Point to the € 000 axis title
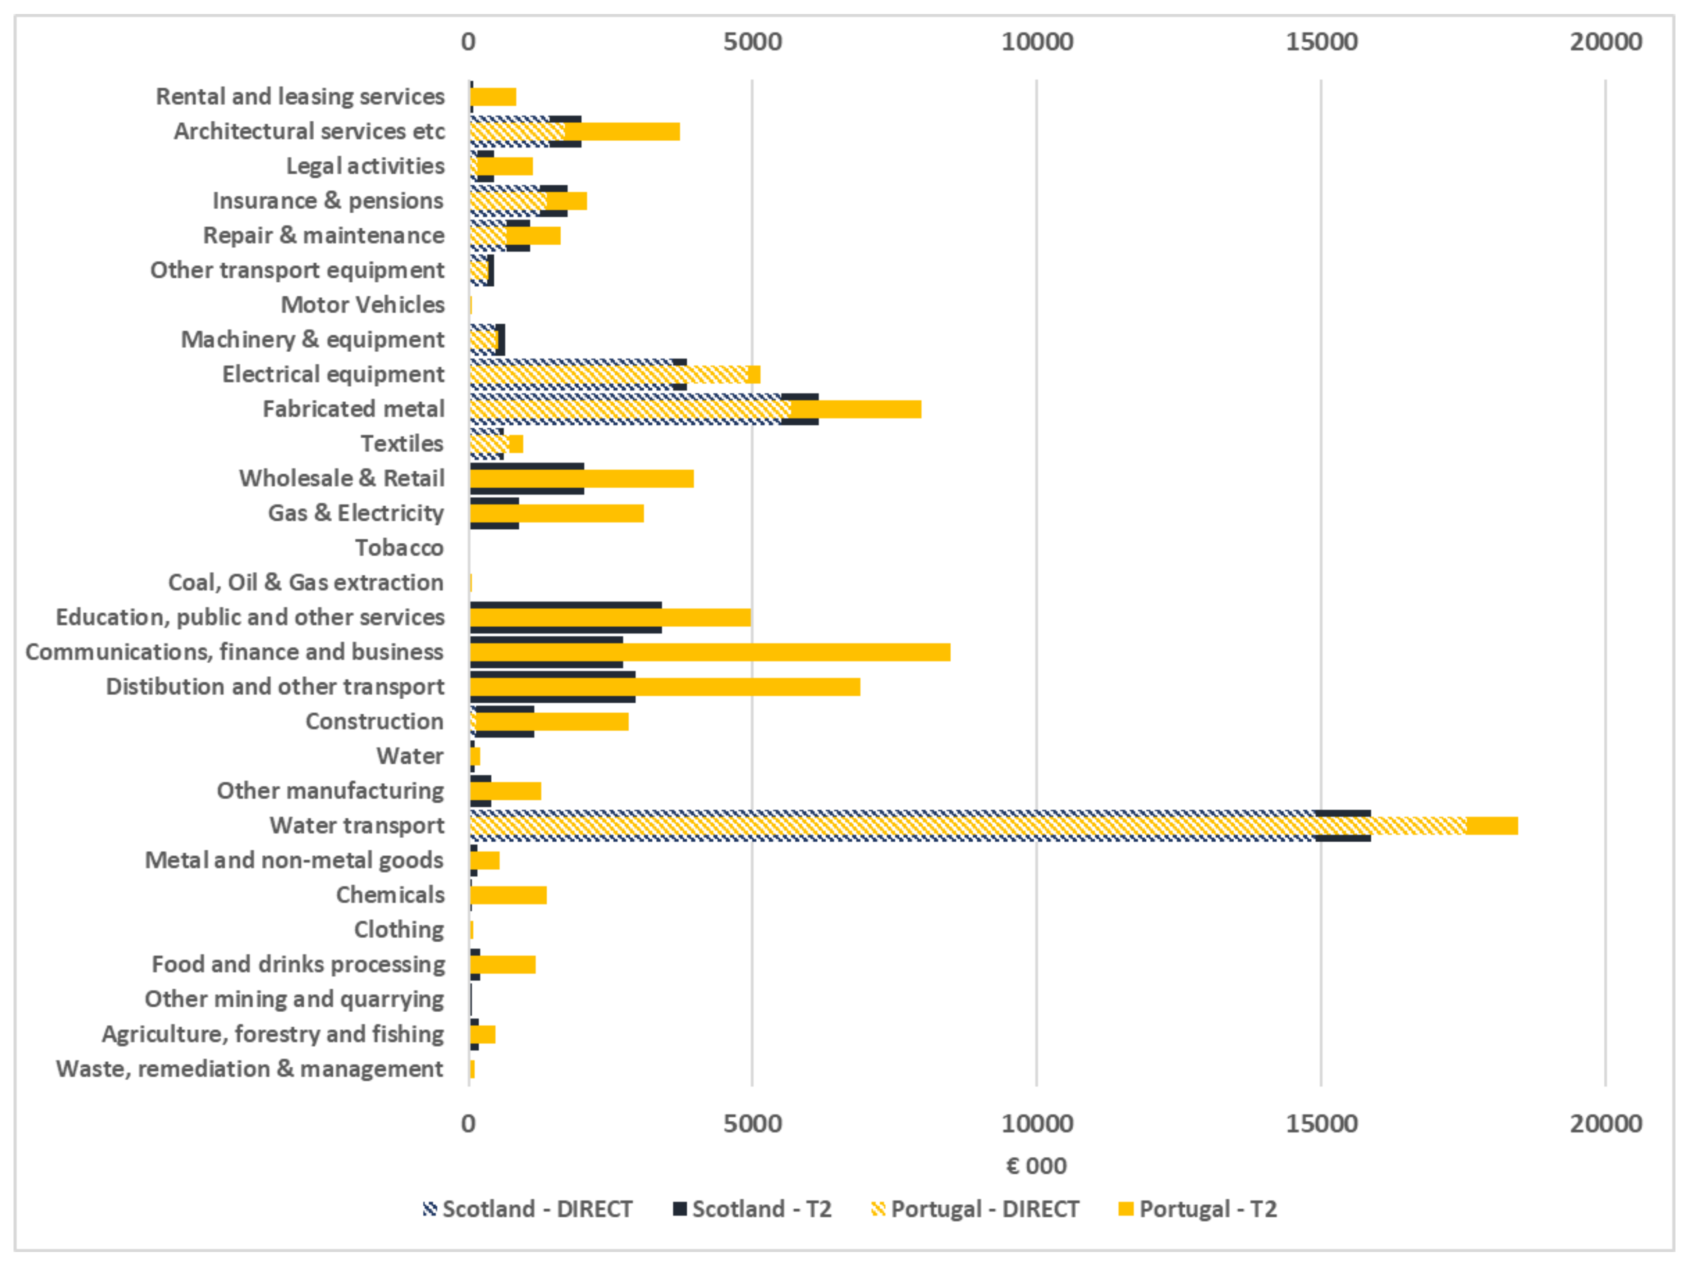pyautogui.click(x=1036, y=1166)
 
